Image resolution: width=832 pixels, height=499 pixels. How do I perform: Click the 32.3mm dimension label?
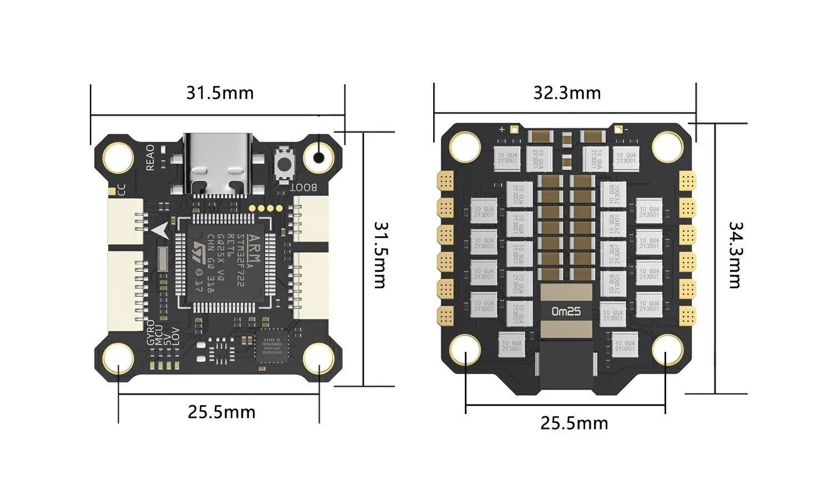[x=567, y=93]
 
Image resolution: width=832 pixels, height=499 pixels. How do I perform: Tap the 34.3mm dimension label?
[x=734, y=255]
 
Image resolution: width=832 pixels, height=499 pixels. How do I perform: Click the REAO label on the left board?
[x=150, y=157]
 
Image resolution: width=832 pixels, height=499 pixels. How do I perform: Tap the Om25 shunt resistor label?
[x=566, y=311]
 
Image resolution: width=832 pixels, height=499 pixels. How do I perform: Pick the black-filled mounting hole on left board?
[x=318, y=157]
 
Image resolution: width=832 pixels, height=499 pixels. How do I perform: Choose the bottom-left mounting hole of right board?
[x=465, y=350]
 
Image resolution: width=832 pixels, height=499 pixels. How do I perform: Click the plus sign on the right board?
[x=502, y=129]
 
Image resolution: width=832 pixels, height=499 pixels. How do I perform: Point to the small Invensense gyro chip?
[x=272, y=346]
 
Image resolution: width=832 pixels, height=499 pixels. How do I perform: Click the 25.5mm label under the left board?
[x=221, y=412]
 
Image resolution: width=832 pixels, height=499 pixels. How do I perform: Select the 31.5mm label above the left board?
[x=220, y=93]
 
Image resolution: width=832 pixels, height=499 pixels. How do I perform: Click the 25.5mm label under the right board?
[x=574, y=424]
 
